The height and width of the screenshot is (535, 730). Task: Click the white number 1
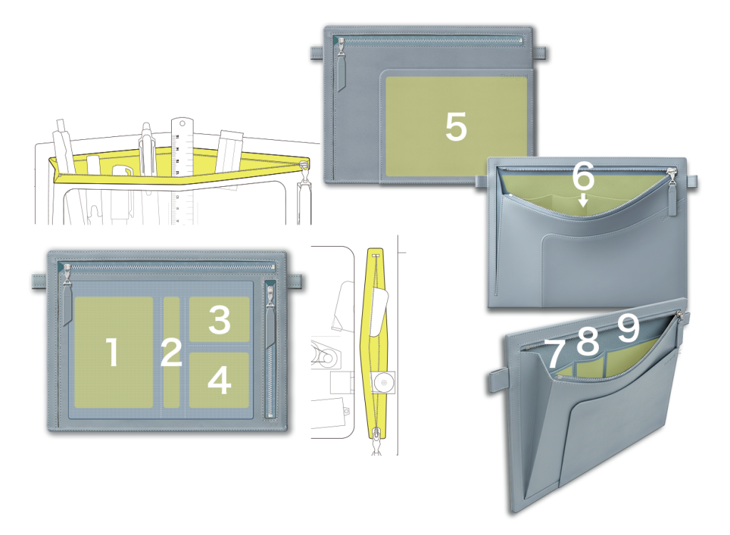click(112, 352)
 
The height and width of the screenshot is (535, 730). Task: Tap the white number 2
click(171, 352)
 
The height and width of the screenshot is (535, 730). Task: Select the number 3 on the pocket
click(220, 320)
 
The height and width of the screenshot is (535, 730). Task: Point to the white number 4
click(220, 380)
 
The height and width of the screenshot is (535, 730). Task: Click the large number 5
click(456, 126)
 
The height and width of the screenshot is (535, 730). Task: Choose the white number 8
click(587, 341)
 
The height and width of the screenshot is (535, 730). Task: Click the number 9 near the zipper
click(628, 328)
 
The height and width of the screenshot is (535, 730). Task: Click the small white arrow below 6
click(583, 200)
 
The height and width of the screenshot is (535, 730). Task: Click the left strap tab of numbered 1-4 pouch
click(40, 280)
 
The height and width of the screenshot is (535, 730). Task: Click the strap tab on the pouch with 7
click(498, 380)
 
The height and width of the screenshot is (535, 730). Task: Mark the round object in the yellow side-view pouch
click(384, 382)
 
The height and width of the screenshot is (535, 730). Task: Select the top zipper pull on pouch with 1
click(68, 295)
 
